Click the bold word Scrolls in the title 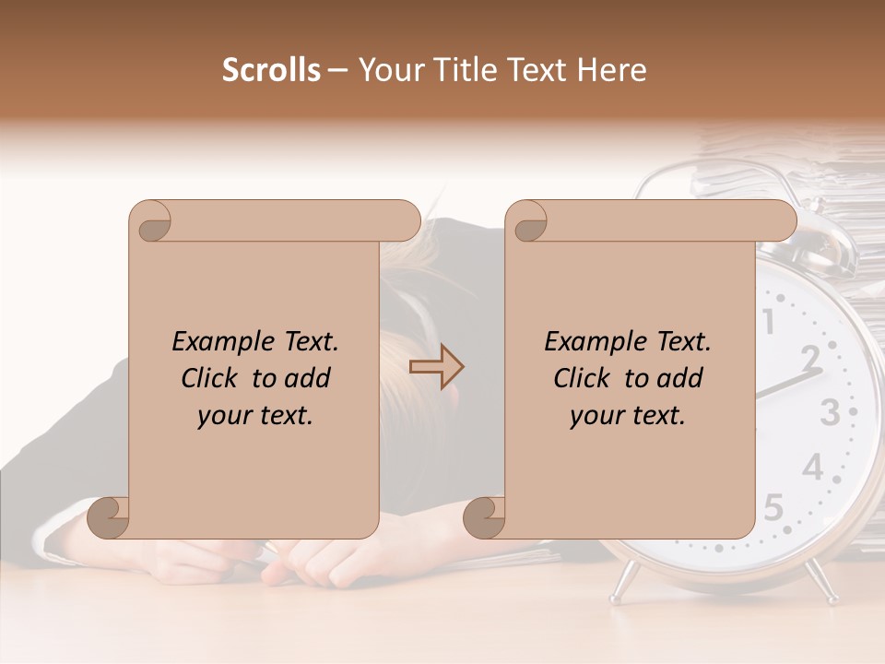271,70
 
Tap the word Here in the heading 609,70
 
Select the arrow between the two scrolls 436,367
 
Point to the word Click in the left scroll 212,378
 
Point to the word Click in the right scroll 584,378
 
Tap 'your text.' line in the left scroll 254,415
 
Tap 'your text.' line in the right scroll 627,415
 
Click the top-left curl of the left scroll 150,221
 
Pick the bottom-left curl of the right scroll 485,517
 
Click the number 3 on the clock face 829,412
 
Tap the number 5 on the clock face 773,506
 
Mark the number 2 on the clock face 810,356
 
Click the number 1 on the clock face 769,321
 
